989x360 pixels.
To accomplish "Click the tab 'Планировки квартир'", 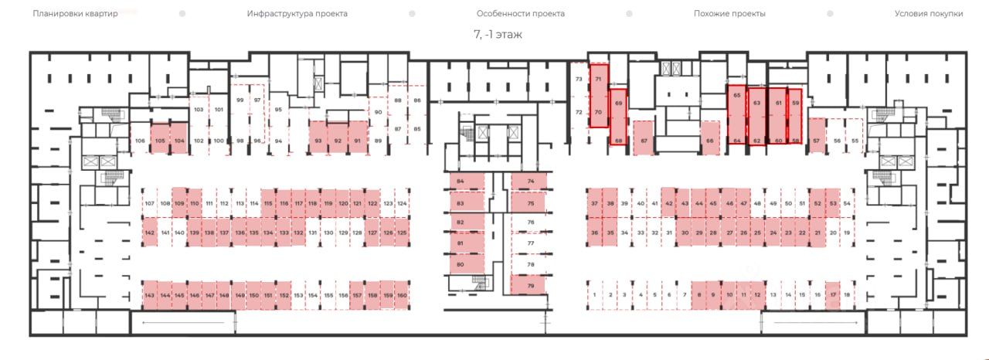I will pos(75,14).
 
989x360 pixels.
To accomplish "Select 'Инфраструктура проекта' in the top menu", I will pos(297,14).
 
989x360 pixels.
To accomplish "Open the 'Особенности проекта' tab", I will pos(520,14).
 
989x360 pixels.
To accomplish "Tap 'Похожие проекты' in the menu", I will pos(729,14).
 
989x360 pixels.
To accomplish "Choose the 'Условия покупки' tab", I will pos(929,14).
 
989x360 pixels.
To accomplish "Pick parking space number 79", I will pos(529,286).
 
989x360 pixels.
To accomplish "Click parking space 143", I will pos(150,296).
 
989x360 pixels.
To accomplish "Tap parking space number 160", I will pos(401,296).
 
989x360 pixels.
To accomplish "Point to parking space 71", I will pos(598,79).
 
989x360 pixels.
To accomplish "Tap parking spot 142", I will pos(150,233).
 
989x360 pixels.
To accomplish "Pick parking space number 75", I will pos(529,203).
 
